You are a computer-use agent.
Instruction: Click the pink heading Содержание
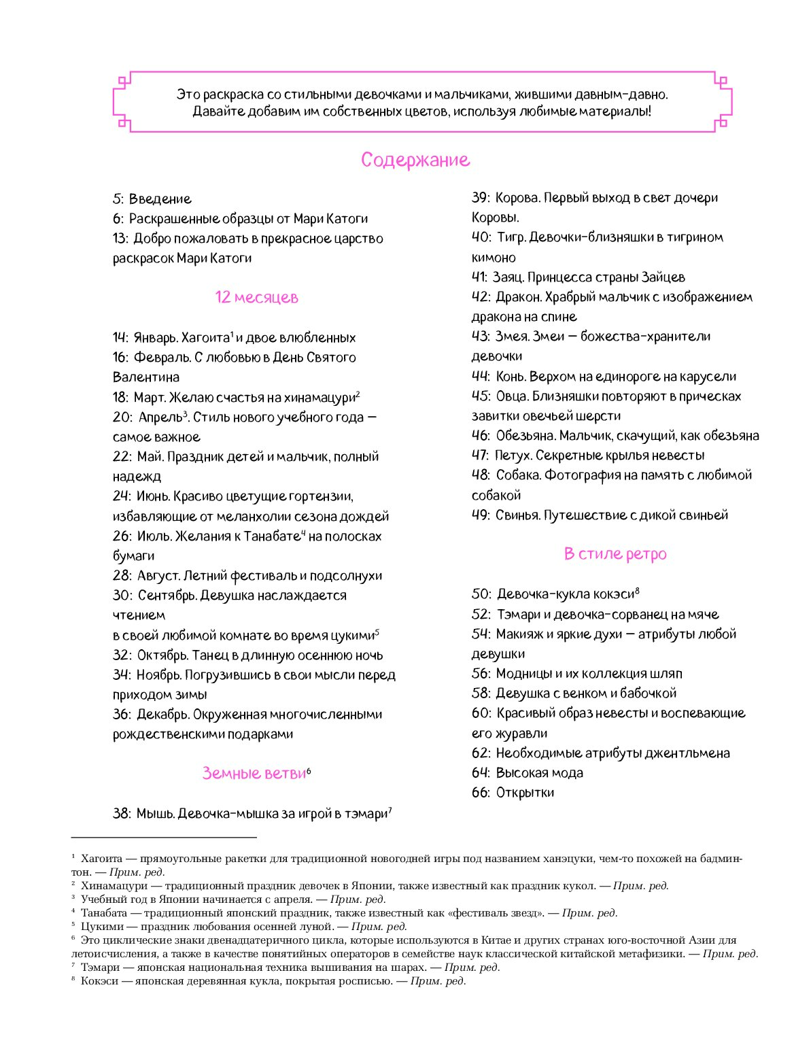(415, 160)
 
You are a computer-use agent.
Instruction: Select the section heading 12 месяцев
(256, 297)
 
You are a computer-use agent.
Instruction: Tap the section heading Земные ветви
(254, 773)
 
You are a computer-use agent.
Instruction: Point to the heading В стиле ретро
(615, 553)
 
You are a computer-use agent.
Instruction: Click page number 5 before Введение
(118, 199)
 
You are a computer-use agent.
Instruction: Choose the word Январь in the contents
(156, 338)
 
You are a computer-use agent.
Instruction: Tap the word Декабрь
(163, 715)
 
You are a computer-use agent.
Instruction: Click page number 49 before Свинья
(480, 515)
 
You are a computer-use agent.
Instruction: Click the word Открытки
(525, 793)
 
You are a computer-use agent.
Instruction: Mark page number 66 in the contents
(480, 793)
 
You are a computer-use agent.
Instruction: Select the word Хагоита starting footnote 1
(102, 859)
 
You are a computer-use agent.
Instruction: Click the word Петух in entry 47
(513, 456)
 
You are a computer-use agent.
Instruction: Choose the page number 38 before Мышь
(122, 814)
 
